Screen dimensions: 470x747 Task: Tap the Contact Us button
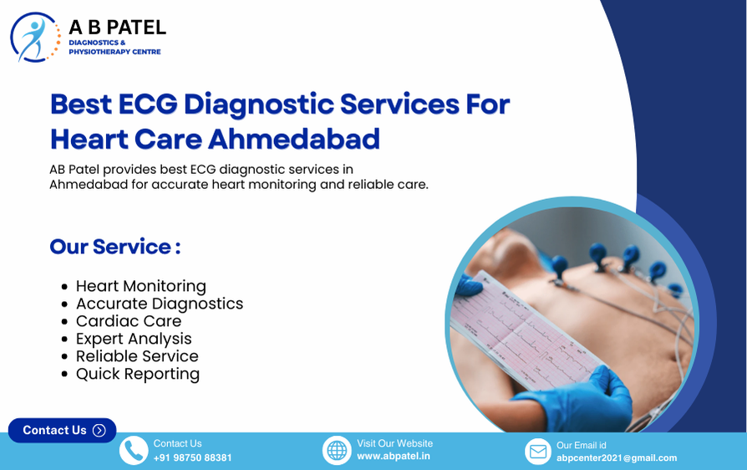click(62, 430)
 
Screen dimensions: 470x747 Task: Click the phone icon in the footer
click(134, 451)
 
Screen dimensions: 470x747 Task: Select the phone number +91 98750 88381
click(192, 457)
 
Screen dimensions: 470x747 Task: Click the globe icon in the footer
click(337, 451)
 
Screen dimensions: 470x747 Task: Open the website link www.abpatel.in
click(394, 457)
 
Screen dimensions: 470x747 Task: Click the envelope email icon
click(539, 452)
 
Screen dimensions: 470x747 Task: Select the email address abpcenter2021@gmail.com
click(617, 457)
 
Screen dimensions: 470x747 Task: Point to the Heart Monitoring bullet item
click(140, 286)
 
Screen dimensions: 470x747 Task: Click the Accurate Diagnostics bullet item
click(159, 304)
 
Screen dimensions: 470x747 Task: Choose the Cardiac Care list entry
click(128, 321)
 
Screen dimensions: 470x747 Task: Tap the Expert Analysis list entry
click(134, 339)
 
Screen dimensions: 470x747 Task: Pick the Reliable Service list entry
click(137, 356)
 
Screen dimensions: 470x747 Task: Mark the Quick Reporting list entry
click(137, 374)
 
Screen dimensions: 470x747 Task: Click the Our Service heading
click(115, 247)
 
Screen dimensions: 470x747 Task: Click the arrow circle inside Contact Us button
click(99, 431)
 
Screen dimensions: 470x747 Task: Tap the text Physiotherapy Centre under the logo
click(114, 52)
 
